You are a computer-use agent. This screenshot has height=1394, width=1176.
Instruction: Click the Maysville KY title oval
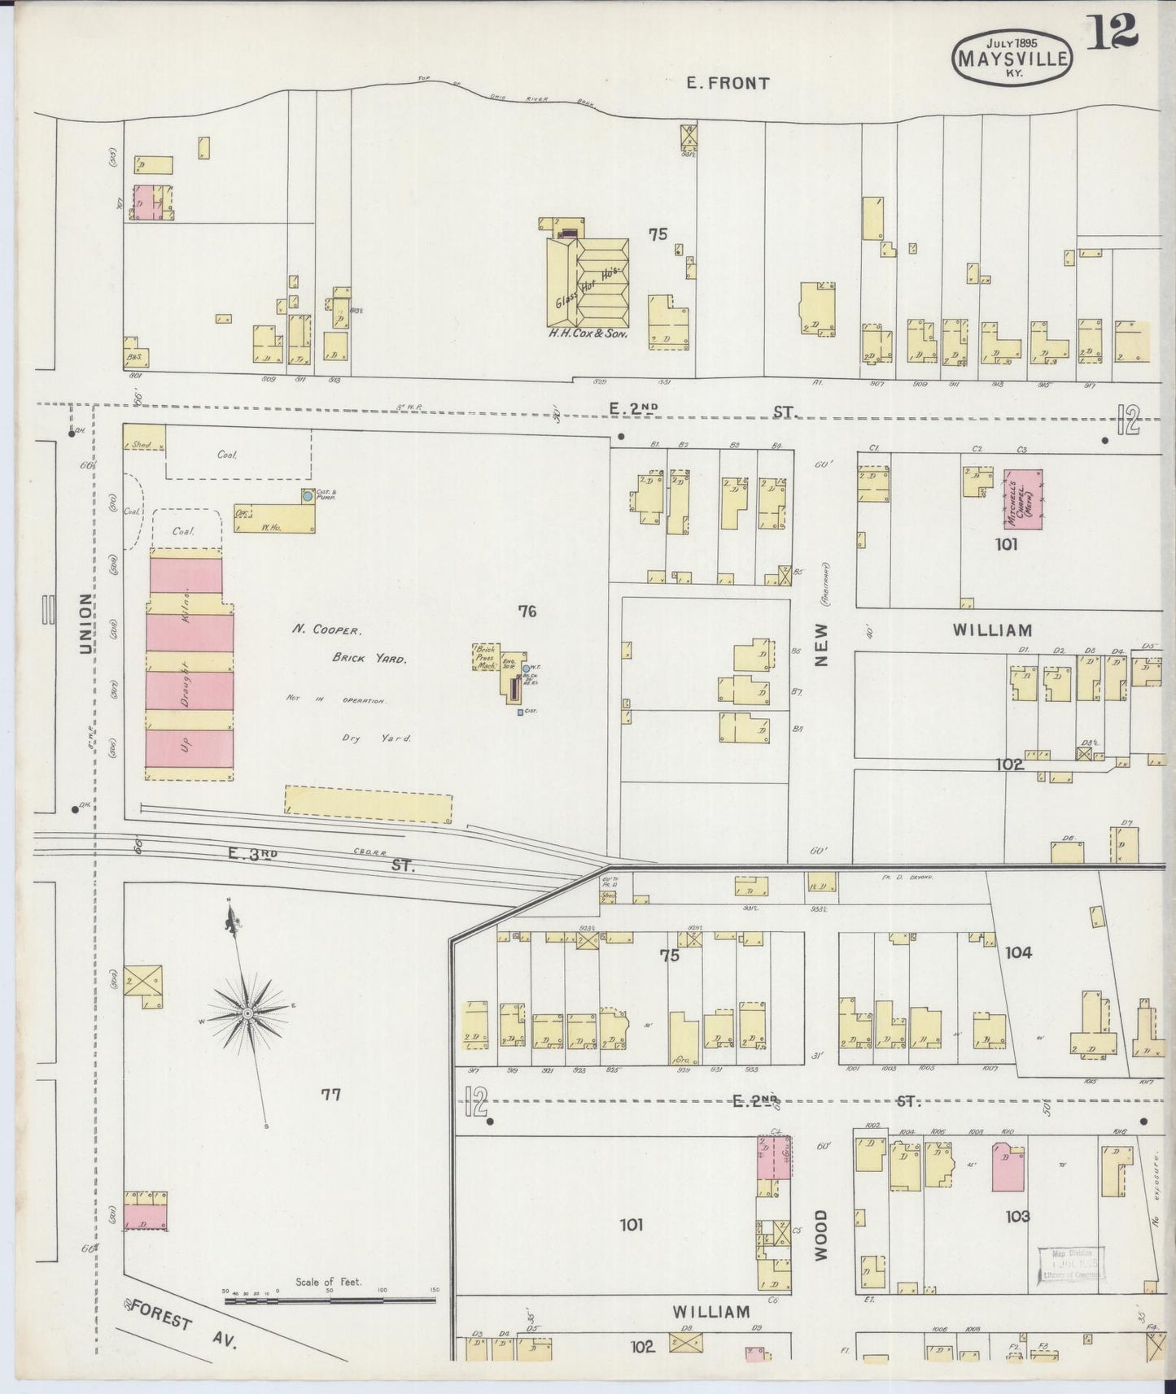1012,58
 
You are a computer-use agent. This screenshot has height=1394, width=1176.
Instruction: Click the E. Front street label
728,82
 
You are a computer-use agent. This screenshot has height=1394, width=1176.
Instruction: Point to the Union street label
86,622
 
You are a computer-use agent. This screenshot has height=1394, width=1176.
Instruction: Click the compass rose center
247,1013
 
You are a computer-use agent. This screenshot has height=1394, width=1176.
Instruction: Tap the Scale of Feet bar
331,1300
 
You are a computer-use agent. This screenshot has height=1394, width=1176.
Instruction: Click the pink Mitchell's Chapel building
1022,499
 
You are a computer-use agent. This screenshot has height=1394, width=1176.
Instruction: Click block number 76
527,611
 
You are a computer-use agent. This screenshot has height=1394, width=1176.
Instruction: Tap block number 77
330,1095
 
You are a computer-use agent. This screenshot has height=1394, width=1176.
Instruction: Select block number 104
1018,952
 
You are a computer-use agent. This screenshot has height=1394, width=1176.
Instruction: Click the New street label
820,645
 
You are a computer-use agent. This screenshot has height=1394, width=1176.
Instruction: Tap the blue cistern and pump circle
307,494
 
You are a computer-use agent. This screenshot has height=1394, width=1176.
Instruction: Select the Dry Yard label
377,738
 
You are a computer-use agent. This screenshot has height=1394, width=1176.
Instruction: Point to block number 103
1017,1216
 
